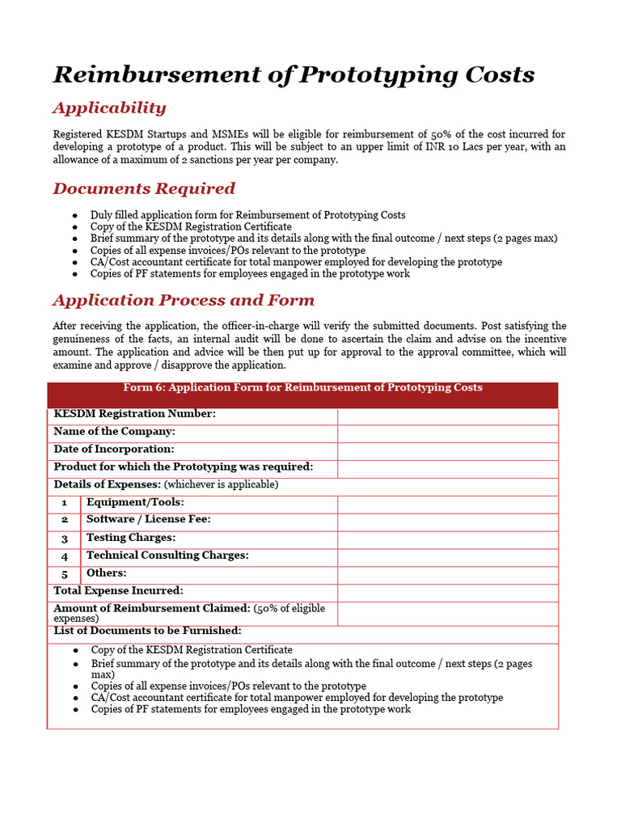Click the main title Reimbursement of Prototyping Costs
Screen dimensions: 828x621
pyautogui.click(x=294, y=74)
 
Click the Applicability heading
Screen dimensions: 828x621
pyautogui.click(x=109, y=108)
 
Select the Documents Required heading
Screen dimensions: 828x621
pyautogui.click(x=144, y=188)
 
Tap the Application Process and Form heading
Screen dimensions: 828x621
pyautogui.click(x=184, y=300)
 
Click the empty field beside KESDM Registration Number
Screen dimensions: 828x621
pyautogui.click(x=447, y=416)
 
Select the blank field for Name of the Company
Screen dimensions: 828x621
pyautogui.click(x=447, y=433)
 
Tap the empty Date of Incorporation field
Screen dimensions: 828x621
pyautogui.click(x=447, y=451)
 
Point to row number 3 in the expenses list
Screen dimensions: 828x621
pyautogui.click(x=65, y=539)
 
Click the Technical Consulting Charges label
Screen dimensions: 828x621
pyautogui.click(x=167, y=556)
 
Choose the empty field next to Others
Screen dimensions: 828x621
pyautogui.click(x=447, y=575)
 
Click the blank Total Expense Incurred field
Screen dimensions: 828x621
pyautogui.click(x=447, y=593)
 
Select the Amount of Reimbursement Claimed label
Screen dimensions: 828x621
pyautogui.click(x=152, y=608)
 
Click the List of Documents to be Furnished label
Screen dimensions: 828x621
pyautogui.click(x=147, y=631)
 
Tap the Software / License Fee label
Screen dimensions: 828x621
pyautogui.click(x=149, y=520)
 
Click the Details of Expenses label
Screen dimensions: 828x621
pyautogui.click(x=107, y=484)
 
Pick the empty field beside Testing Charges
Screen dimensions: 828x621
pyautogui.click(x=447, y=539)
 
